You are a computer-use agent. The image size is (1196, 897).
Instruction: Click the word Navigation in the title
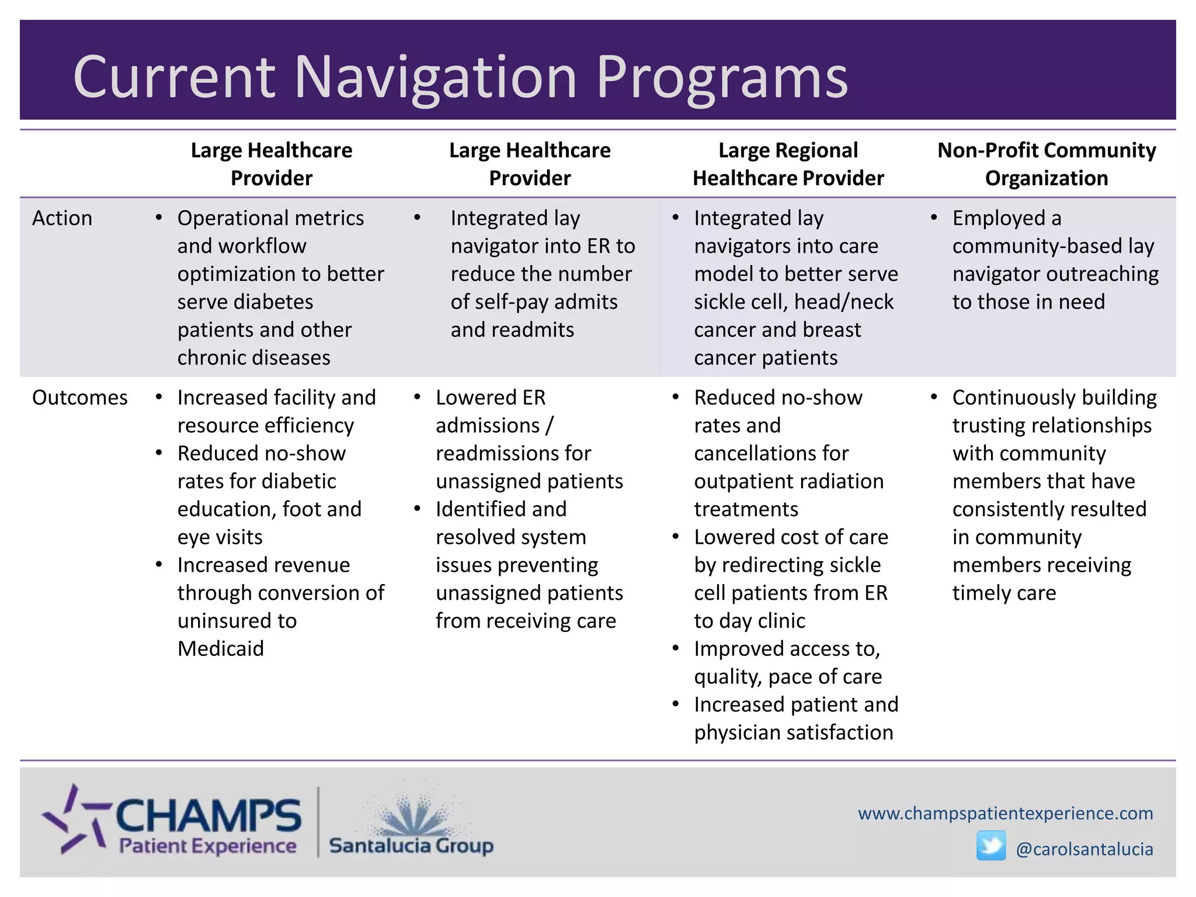click(435, 78)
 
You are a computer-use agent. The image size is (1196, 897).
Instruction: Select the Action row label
click(62, 218)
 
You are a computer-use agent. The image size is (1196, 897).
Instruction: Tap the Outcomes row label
click(79, 397)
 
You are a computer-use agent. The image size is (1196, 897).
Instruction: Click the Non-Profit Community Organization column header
click(1046, 164)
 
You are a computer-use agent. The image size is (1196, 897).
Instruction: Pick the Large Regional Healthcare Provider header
click(788, 164)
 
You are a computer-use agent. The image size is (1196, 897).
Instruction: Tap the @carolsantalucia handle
click(1084, 849)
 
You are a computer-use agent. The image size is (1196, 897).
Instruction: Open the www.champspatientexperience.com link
click(1005, 813)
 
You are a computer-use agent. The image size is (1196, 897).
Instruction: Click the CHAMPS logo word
click(208, 816)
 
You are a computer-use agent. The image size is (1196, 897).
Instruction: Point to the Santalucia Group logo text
click(411, 846)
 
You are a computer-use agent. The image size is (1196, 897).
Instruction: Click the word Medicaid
click(221, 648)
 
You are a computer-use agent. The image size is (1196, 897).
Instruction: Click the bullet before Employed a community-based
click(934, 218)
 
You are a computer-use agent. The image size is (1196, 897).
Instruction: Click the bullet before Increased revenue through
click(159, 565)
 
